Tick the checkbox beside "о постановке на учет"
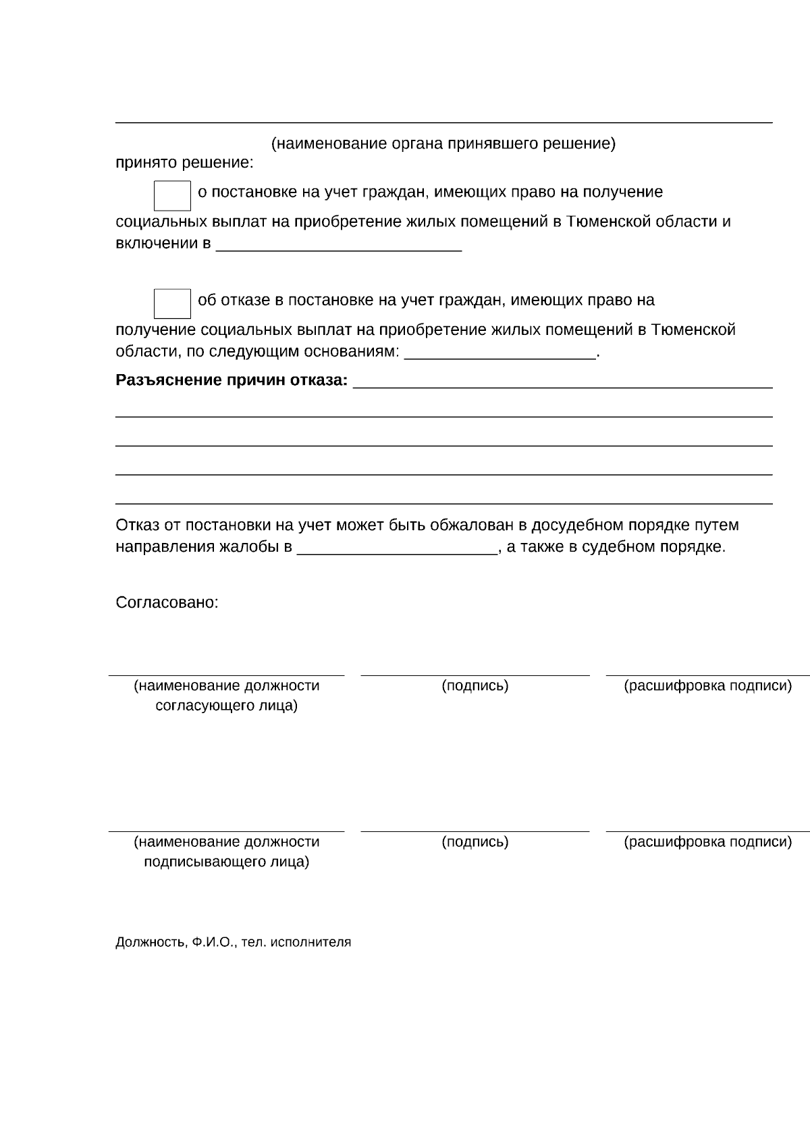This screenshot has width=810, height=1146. pos(172,196)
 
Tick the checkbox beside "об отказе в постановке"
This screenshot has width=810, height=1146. pos(172,304)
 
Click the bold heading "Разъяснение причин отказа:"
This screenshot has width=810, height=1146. pos(232,381)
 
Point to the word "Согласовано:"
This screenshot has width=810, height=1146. pos(167,602)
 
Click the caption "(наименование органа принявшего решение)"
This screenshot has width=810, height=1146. pos(443,144)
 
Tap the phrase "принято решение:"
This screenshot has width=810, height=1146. pos(184,163)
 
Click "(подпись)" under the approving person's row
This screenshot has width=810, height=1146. pos(475,686)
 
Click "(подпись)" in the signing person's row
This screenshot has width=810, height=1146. pos(475,842)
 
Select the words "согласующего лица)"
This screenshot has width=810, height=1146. pos(226,706)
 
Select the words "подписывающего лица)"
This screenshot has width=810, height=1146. pos(226,862)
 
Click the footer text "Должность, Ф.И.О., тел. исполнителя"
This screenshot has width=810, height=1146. pos(233,943)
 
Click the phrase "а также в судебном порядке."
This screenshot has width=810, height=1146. pos(616,547)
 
